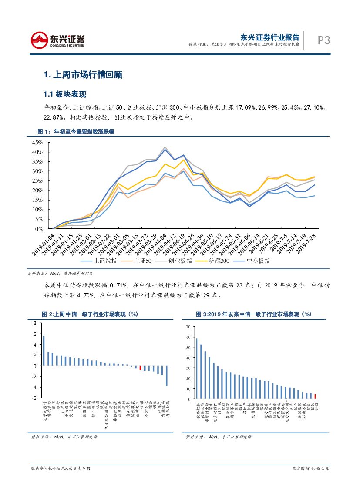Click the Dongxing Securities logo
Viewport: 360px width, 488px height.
(58, 40)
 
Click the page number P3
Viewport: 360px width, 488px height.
(323, 40)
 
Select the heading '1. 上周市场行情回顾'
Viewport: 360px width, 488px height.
(83, 75)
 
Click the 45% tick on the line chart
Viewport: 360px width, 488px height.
(37, 143)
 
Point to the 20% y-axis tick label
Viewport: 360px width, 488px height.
(37, 191)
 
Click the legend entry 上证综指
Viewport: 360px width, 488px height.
(99, 260)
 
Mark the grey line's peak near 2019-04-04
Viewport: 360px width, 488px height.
(165, 147)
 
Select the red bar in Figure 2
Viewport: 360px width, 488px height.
(140, 368)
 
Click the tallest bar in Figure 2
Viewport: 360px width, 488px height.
(44, 351)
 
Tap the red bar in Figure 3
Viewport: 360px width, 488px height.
(315, 396)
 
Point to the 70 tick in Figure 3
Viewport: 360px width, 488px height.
(188, 326)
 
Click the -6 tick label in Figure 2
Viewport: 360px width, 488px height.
(34, 398)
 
